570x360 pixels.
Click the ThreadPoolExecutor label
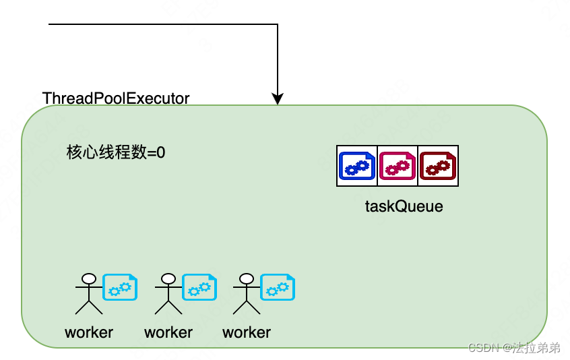point(116,98)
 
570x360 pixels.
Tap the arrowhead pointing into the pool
point(278,98)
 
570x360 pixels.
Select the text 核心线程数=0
point(116,152)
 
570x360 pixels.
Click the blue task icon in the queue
point(357,166)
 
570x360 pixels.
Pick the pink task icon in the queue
point(398,166)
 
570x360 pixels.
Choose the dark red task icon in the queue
point(439,166)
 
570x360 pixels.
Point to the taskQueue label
point(404,206)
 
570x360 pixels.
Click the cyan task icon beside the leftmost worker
point(121,287)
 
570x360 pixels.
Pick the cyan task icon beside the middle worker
point(200,287)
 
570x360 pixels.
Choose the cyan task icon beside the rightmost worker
point(278,287)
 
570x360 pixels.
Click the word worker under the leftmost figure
point(89,332)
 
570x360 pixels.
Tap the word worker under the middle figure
point(168,332)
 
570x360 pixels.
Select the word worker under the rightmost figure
point(247,332)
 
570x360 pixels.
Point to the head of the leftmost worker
point(88,278)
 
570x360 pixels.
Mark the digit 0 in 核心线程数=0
point(161,153)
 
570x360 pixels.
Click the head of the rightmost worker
point(246,278)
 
